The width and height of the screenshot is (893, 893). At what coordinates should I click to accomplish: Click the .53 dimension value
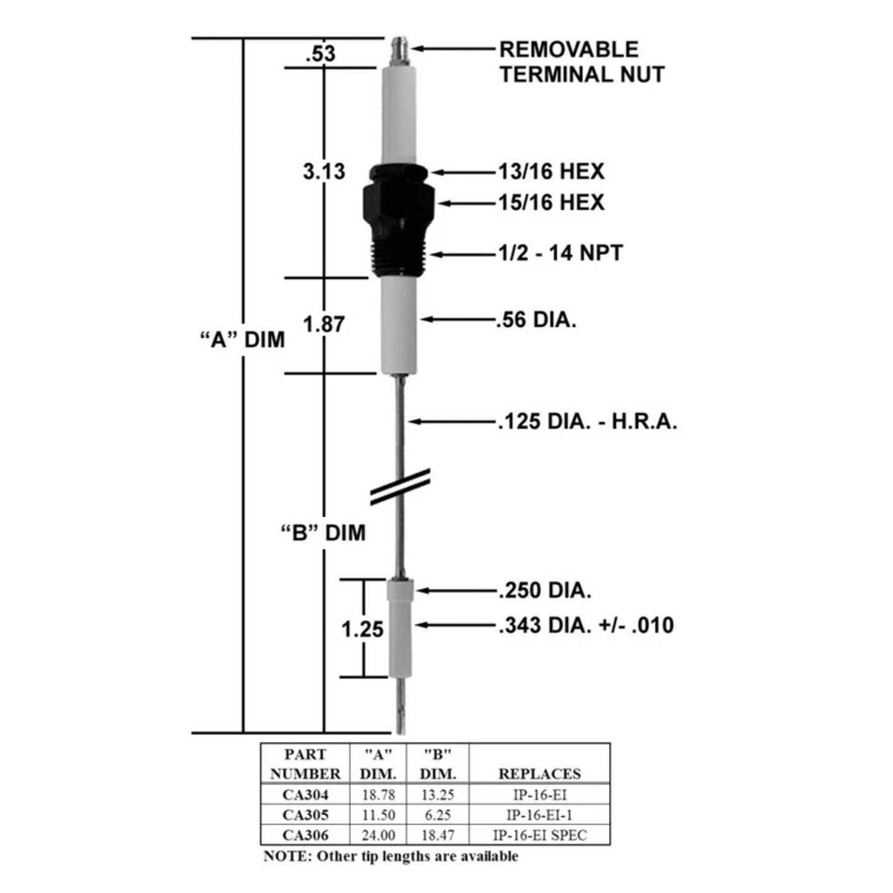click(x=320, y=54)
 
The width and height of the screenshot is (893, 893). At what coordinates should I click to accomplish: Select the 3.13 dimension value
click(x=324, y=171)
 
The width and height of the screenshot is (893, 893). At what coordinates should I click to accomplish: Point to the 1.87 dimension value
click(x=324, y=324)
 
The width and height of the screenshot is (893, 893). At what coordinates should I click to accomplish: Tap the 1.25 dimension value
click(x=362, y=629)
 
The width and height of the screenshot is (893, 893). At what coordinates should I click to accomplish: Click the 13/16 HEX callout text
click(x=551, y=171)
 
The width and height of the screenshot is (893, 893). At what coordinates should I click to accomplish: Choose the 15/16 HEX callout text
click(x=551, y=203)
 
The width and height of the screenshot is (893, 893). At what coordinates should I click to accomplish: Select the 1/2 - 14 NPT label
click(x=561, y=253)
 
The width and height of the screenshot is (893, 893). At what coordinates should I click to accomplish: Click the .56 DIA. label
click(x=536, y=320)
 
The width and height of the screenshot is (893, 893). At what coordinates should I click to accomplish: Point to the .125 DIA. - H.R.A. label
click(x=588, y=421)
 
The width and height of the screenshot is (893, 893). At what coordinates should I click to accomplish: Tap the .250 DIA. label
click(x=545, y=590)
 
